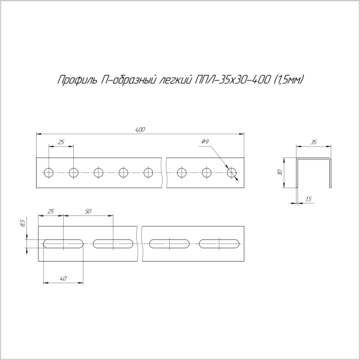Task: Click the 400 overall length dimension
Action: (140, 130)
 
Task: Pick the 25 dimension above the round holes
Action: (61, 142)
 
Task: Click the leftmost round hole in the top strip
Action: (48, 173)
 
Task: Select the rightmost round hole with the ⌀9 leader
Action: (232, 173)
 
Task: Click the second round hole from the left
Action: (73, 173)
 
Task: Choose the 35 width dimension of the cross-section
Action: (313, 143)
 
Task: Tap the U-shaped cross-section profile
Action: (313, 172)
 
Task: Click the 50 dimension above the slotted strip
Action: (88, 212)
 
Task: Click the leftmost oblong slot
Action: (62, 244)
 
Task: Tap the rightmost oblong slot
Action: (220, 244)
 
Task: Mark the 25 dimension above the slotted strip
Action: (50, 212)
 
